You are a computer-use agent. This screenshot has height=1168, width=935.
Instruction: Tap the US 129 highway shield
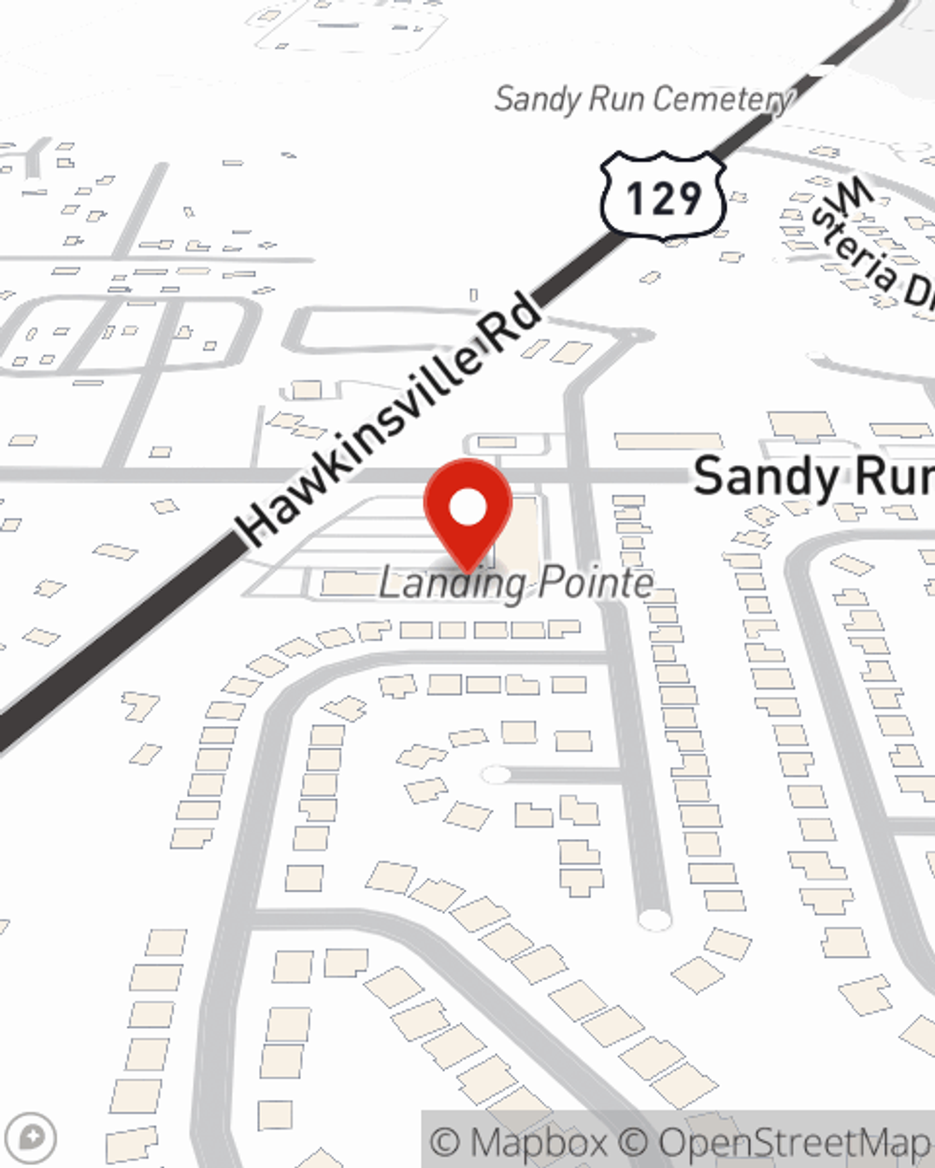[663, 197]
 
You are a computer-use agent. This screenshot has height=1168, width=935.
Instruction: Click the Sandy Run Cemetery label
[643, 99]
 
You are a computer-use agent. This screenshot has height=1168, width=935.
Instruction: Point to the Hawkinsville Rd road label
[388, 420]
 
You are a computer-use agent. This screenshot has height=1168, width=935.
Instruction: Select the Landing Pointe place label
[515, 583]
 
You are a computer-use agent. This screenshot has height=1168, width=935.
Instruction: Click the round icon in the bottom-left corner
[36, 1137]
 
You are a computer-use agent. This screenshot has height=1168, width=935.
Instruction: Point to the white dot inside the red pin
[468, 507]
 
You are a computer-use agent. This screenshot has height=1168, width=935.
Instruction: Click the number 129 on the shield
[663, 198]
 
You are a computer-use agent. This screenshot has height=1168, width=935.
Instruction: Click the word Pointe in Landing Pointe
[597, 583]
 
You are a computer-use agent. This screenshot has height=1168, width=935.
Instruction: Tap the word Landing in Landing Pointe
[453, 584]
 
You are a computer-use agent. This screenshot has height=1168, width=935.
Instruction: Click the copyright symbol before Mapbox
[447, 1142]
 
